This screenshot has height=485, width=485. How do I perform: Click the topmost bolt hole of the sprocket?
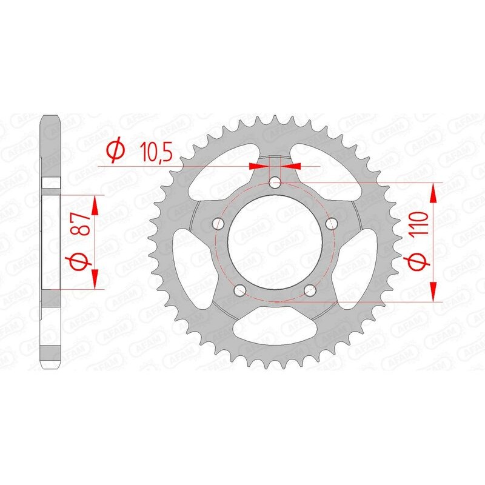coord(275,181)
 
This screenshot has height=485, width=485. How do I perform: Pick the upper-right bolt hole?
coord(331,223)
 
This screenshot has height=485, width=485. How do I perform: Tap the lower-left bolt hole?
coord(240,289)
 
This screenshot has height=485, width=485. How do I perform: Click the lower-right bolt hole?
coord(309,289)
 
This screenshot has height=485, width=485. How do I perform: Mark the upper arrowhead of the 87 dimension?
coord(96,203)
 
